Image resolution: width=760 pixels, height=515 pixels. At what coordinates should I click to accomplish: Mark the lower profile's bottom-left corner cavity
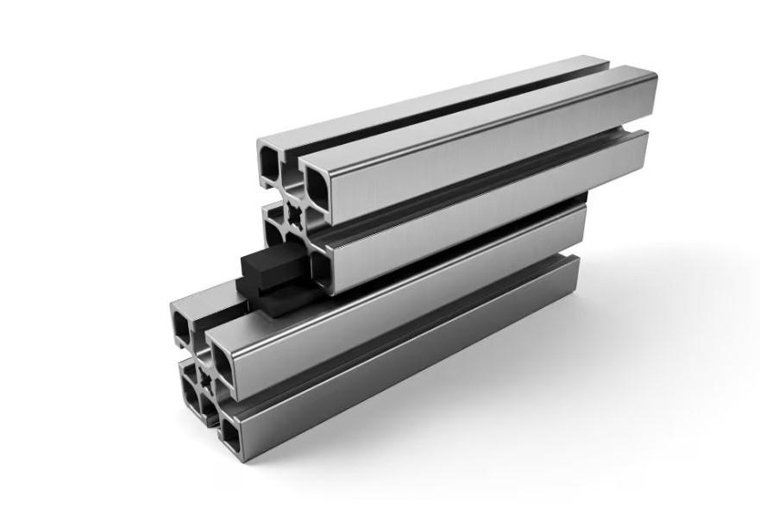point(190,393)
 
